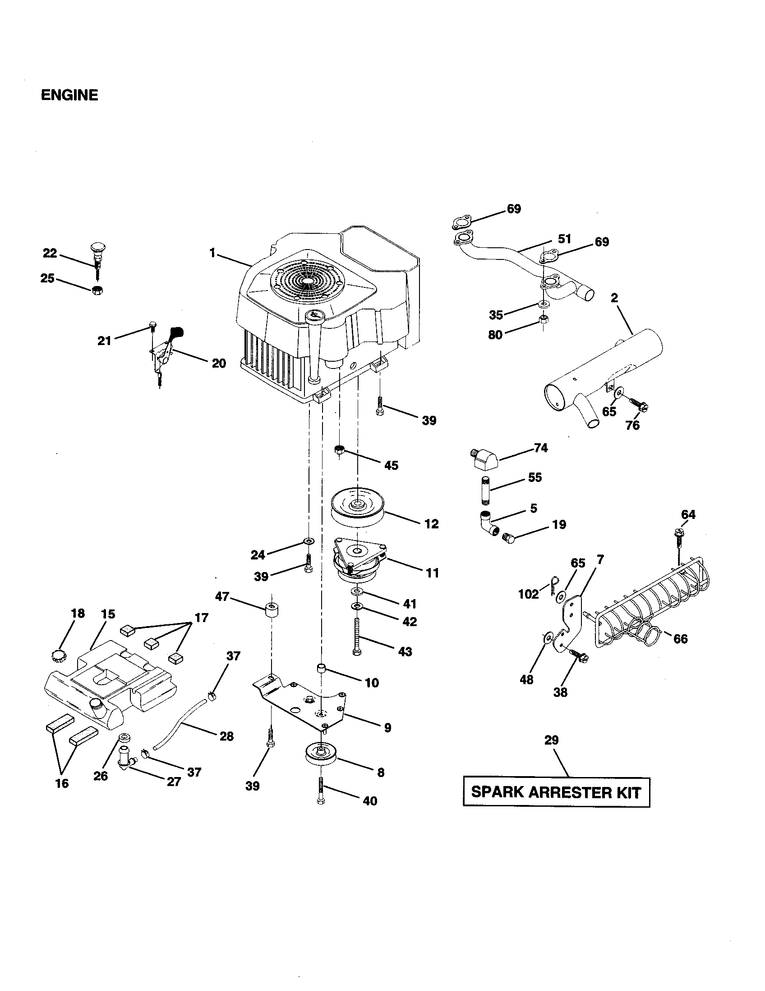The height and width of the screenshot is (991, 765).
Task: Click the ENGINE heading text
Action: pos(69,95)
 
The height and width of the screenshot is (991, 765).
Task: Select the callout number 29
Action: pos(551,740)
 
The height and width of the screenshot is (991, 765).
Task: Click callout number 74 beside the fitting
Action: pos(540,448)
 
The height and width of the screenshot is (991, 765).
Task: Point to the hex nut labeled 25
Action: pos(97,291)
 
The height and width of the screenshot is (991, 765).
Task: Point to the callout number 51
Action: pos(564,239)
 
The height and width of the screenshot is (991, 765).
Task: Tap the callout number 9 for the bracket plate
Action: pos(387,728)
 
